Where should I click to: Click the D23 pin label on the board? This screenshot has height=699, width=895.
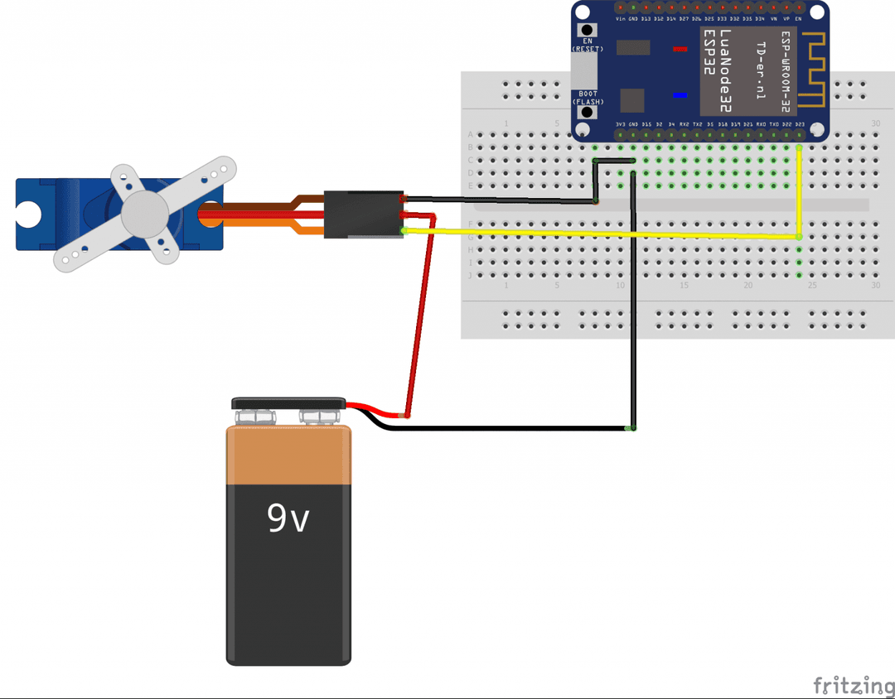point(799,124)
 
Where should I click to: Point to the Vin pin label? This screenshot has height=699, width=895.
point(620,18)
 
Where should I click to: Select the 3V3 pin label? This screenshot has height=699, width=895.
point(620,124)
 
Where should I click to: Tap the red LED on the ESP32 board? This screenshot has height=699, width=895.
point(680,49)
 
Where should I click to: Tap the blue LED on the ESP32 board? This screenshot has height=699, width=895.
point(680,94)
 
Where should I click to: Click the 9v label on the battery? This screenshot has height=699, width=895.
point(288,518)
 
